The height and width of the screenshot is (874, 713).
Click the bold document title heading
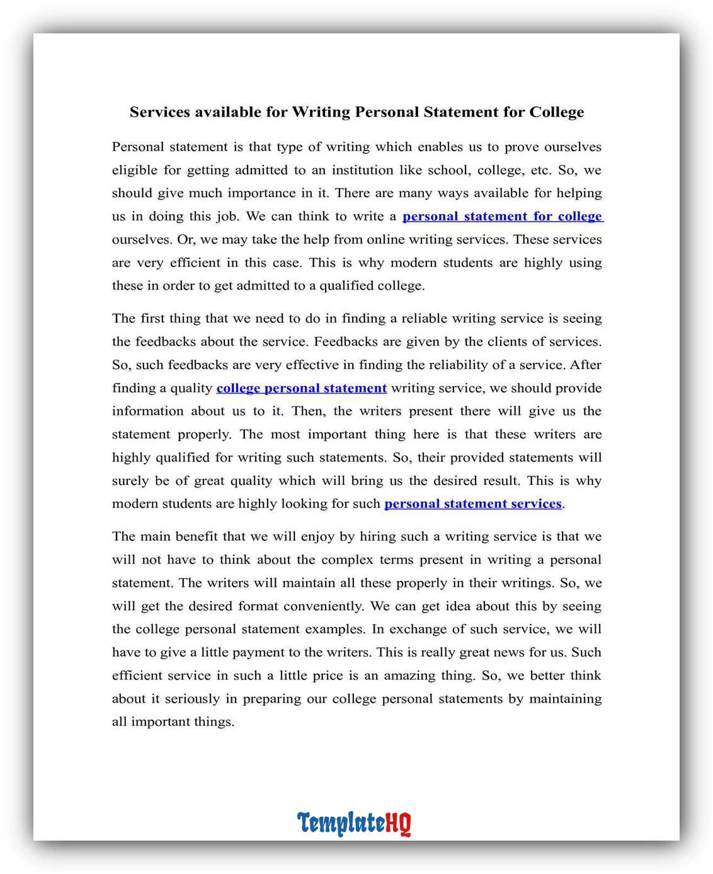[356, 112]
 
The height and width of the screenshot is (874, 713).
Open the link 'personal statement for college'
[503, 217]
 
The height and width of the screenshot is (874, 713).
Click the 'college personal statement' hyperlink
[301, 389]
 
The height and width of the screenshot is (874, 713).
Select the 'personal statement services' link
[472, 504]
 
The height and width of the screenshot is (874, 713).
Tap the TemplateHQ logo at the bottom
[354, 823]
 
